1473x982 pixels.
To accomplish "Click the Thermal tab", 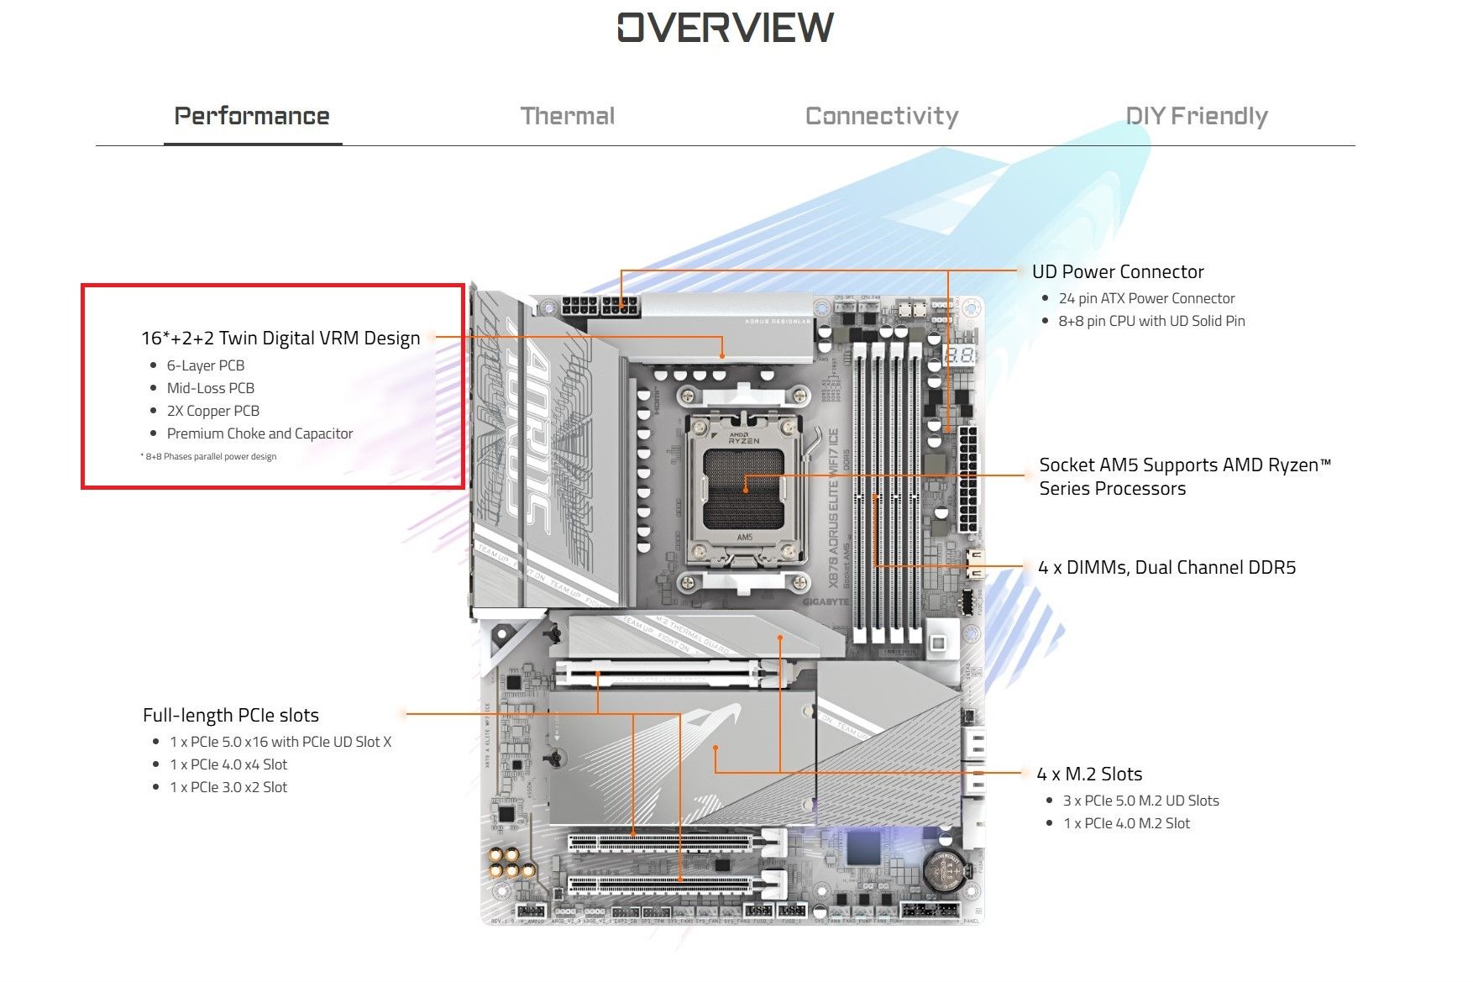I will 568,116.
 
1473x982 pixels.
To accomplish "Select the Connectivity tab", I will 882,116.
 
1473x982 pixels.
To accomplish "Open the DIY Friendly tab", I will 1197,116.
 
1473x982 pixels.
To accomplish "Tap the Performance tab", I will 252,116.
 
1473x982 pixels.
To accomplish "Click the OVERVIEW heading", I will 726,28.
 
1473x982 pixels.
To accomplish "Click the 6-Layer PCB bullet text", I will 206,365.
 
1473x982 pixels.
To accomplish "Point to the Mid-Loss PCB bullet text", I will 211,388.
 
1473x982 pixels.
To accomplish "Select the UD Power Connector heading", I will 1118,271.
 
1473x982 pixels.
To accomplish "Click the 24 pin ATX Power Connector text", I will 1146,298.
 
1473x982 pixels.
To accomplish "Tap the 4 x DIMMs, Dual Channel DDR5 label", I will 1166,567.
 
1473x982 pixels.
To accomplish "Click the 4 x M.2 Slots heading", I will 1089,774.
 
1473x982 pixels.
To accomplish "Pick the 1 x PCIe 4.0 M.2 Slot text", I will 1126,823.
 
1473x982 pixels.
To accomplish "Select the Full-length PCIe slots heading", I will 231,715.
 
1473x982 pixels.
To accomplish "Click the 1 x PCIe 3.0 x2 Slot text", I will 228,787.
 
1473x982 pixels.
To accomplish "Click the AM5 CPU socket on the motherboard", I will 744,487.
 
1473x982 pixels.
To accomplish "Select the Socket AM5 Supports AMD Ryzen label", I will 1185,476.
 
